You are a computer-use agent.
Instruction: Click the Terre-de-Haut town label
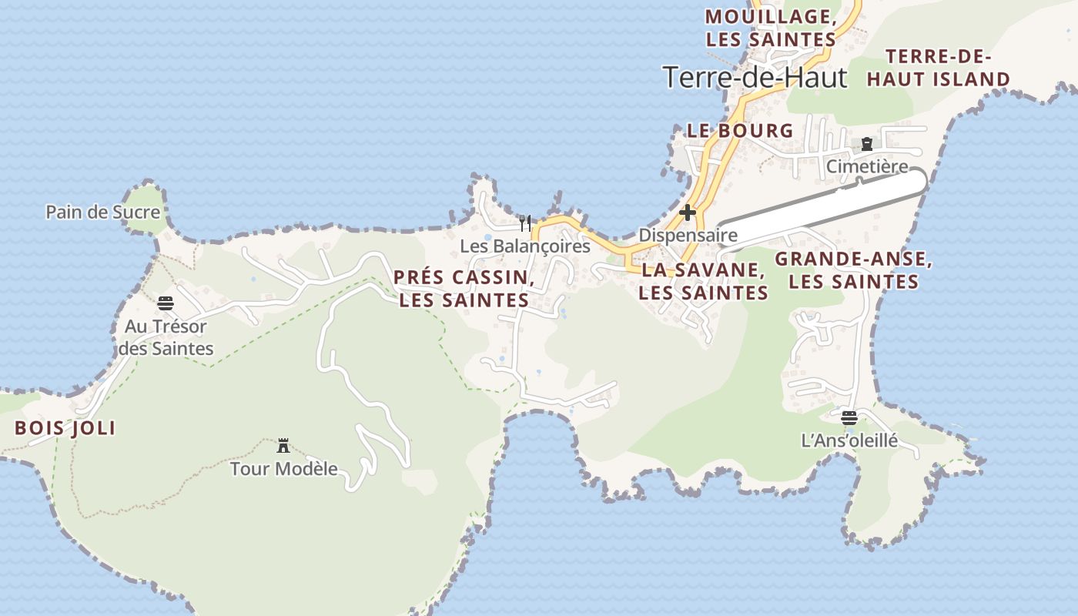754,78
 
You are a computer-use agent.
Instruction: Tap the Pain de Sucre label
102,212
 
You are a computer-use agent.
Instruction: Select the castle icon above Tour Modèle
283,445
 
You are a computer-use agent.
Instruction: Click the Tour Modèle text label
284,468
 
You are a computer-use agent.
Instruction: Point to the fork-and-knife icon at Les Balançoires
525,223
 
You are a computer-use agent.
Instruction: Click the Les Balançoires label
525,246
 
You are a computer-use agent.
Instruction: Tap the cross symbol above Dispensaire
688,213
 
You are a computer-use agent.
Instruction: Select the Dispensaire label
688,235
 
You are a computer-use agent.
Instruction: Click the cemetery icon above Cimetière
867,144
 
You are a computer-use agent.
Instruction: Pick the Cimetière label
867,166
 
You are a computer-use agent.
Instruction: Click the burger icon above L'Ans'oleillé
849,418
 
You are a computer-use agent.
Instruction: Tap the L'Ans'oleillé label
849,441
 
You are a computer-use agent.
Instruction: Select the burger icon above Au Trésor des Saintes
166,303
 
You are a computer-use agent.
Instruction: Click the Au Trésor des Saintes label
166,337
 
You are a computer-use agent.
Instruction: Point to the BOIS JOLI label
65,429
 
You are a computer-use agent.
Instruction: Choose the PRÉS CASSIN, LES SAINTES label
464,289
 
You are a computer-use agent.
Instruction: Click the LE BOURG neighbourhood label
740,131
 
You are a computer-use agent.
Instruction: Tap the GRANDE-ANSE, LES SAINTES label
853,270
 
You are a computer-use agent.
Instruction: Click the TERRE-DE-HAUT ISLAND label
938,68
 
